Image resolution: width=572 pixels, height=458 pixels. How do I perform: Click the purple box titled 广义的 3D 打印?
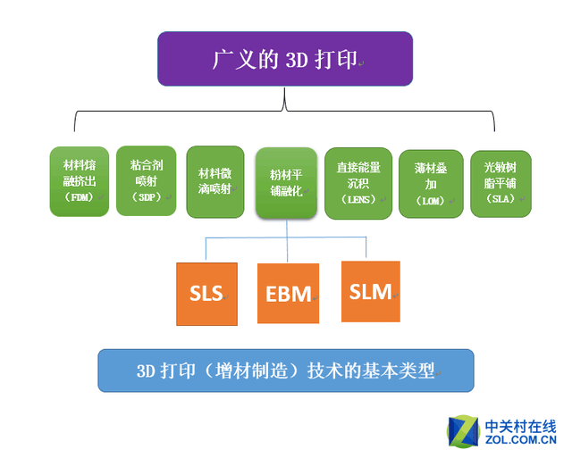coord(285,59)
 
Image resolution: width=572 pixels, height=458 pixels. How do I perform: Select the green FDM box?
coord(80,181)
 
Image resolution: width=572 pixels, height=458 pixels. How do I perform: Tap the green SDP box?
coord(146,180)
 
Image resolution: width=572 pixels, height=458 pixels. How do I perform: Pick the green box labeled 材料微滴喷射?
coord(215,182)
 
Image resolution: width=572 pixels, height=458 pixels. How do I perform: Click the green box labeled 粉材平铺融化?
coord(286,183)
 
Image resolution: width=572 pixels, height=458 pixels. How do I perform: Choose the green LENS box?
coord(358,183)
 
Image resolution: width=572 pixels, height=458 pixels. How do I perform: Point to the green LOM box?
coord(431,184)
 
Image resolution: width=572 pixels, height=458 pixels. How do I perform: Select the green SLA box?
coord(500,184)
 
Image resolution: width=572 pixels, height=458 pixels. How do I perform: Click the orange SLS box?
coord(206,294)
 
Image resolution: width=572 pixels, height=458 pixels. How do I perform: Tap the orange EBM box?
coord(288,294)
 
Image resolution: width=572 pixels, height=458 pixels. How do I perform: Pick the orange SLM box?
coord(371,291)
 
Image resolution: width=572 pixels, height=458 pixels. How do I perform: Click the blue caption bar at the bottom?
coord(286,371)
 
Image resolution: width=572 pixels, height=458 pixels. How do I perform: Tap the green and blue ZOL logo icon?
coord(463,431)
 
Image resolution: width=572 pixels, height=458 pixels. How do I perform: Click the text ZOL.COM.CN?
coord(520,439)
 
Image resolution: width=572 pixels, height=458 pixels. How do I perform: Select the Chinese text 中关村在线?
coord(520,426)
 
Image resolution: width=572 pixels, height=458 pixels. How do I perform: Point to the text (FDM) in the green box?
coord(80,197)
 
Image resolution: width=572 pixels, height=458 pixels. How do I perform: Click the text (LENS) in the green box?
coord(358,200)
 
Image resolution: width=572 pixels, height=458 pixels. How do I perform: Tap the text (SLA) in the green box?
coord(500,198)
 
